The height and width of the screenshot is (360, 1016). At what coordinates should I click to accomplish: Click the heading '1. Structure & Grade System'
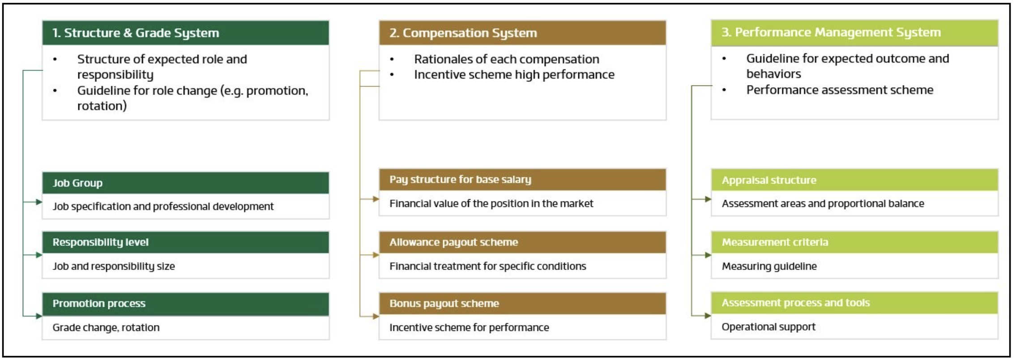click(x=136, y=33)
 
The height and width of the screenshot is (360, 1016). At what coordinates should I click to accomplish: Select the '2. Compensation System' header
click(x=463, y=33)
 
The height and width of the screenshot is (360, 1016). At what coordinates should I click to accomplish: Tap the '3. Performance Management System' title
click(x=831, y=32)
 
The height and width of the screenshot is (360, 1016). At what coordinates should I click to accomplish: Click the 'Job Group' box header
click(x=77, y=183)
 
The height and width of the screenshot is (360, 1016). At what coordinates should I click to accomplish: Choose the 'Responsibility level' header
click(x=100, y=242)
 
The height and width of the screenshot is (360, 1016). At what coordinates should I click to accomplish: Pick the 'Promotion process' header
click(x=99, y=304)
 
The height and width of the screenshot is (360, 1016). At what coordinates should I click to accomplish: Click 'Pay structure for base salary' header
click(x=460, y=180)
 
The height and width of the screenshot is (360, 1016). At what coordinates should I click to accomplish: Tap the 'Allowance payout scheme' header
click(x=453, y=242)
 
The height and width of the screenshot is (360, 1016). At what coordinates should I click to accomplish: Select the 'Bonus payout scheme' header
click(x=444, y=304)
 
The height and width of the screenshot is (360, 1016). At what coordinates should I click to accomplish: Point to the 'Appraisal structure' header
click(x=769, y=180)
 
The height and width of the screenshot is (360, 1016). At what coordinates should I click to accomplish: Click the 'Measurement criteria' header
click(x=775, y=242)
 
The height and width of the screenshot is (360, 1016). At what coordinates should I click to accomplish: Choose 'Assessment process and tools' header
click(x=795, y=303)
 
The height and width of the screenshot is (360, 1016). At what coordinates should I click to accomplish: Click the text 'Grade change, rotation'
click(x=106, y=328)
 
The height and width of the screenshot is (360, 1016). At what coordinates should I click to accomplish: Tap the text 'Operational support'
click(x=768, y=327)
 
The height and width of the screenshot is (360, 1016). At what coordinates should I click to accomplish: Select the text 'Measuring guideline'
click(x=769, y=266)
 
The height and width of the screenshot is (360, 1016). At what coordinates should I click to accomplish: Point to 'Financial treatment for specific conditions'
click(x=487, y=266)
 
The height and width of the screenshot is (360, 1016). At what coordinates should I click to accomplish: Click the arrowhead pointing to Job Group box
click(x=39, y=202)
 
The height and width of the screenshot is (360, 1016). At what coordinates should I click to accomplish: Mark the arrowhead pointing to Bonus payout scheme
click(x=376, y=316)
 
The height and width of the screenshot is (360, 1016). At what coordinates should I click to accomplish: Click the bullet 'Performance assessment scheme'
click(x=840, y=90)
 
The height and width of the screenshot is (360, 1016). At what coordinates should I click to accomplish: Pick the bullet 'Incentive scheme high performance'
click(x=514, y=75)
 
